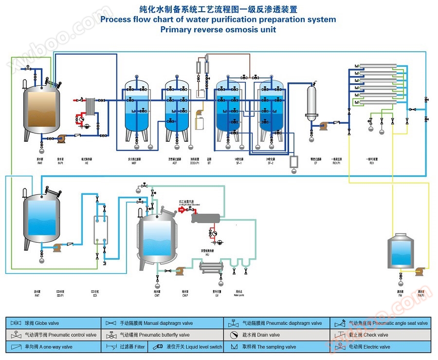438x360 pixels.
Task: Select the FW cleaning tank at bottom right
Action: tap(400, 253)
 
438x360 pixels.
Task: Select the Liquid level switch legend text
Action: tap(194, 347)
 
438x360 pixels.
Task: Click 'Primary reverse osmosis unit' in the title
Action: tap(218, 29)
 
